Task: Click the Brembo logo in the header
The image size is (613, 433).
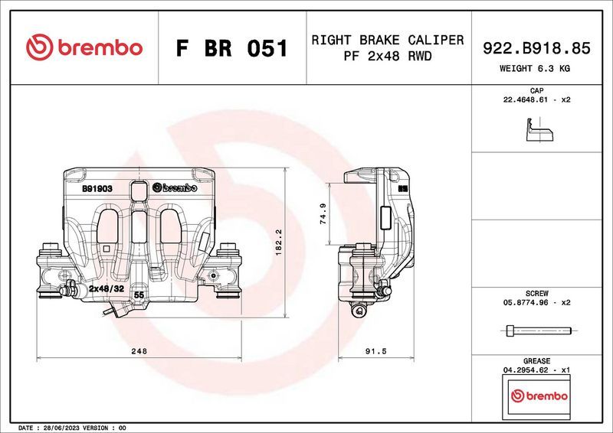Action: (x=84, y=47)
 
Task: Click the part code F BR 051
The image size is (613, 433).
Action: (x=232, y=48)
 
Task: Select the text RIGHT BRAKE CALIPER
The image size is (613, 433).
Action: (x=387, y=40)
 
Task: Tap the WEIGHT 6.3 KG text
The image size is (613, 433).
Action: (x=536, y=68)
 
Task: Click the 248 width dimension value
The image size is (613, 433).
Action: (x=139, y=351)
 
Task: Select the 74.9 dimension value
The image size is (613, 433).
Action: (x=323, y=214)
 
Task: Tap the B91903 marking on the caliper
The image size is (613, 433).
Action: (x=97, y=187)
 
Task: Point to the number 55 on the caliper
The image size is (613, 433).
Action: (x=139, y=295)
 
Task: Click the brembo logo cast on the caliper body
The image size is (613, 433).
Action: (x=175, y=187)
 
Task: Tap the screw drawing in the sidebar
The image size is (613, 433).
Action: (x=539, y=330)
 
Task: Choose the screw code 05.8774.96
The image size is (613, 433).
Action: (x=523, y=303)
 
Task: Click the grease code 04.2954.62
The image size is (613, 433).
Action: (x=523, y=370)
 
